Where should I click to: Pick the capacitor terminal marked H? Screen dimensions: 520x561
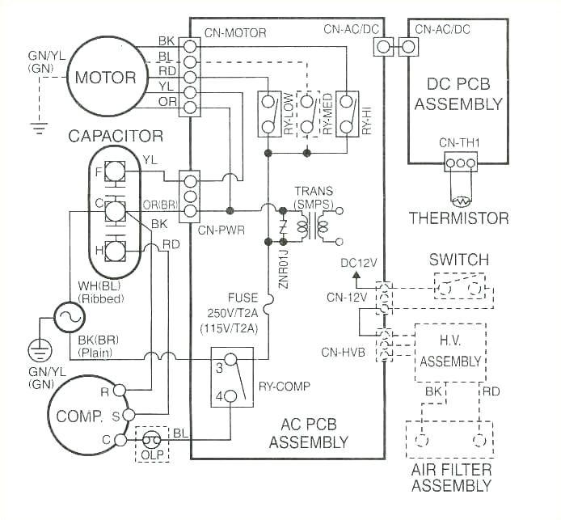[115, 250]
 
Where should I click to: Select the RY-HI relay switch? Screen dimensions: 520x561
[346, 114]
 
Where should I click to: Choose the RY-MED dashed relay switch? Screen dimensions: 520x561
[307, 114]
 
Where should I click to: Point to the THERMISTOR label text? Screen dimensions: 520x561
[459, 218]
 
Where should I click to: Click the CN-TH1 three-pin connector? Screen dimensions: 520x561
[460, 163]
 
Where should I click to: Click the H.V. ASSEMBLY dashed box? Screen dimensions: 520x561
[449, 353]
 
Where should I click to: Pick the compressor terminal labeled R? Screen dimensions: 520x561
[119, 390]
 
